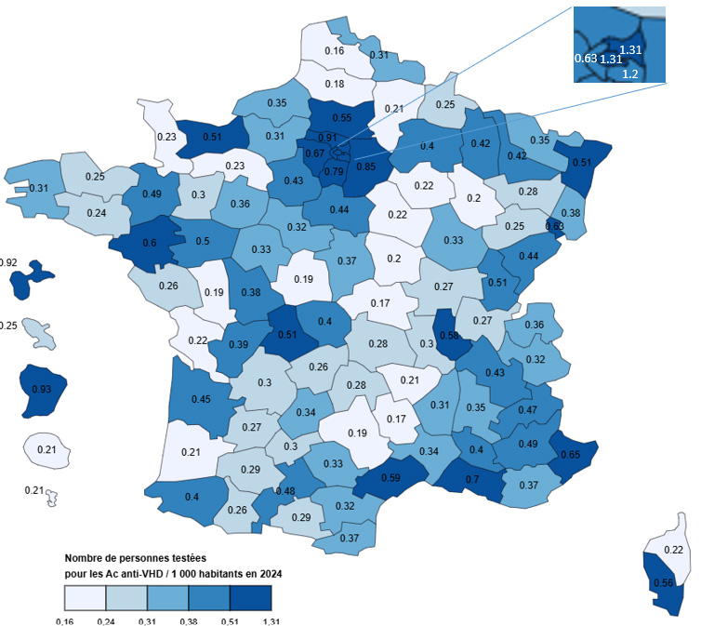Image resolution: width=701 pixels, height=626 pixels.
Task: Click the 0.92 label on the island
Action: click(x=7, y=263)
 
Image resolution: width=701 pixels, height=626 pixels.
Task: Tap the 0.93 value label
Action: click(x=42, y=388)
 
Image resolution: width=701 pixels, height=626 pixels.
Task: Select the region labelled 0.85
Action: click(x=365, y=167)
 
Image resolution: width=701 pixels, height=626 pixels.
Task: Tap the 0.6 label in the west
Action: click(x=150, y=243)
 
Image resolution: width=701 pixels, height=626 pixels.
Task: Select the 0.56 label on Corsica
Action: click(x=664, y=583)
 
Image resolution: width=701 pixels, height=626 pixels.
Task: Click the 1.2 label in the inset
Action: click(x=629, y=73)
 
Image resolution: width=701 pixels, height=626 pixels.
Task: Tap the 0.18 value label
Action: click(x=335, y=84)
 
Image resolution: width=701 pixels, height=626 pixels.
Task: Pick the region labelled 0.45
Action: click(x=201, y=401)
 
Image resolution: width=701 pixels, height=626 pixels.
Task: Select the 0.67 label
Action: click(x=314, y=153)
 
